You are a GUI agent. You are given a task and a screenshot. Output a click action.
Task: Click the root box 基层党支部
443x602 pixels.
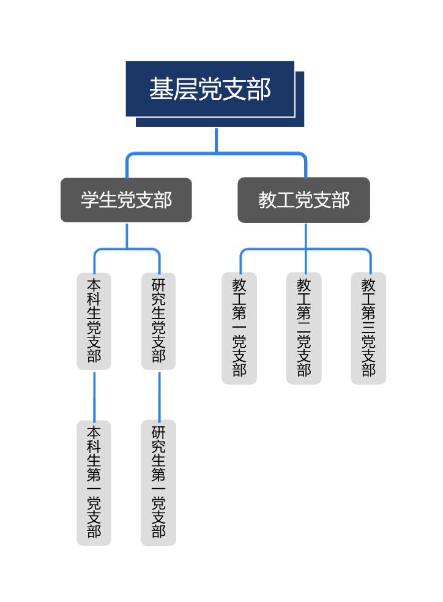tap(210, 89)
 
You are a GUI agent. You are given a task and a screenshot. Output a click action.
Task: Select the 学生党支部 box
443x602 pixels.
tap(126, 200)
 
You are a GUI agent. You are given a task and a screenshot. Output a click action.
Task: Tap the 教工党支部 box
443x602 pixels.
tap(303, 200)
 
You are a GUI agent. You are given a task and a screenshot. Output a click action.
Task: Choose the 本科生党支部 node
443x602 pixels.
tap(94, 321)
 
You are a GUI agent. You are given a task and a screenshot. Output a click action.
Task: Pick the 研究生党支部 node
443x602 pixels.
tap(158, 321)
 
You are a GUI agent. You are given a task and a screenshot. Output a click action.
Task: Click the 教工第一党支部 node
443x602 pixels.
tap(239, 328)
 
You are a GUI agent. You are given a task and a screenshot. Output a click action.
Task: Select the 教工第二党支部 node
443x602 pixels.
tap(304, 328)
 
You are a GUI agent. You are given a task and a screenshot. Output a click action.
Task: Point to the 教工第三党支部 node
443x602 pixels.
tap(368, 328)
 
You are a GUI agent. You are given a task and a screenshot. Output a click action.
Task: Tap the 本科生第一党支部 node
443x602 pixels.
tap(94, 483)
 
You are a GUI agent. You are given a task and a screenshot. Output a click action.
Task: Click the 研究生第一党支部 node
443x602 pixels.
tap(158, 483)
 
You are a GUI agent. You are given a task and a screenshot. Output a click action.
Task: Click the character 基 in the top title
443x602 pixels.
tap(161, 89)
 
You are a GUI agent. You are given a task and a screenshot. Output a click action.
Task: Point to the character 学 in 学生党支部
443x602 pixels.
tap(90, 200)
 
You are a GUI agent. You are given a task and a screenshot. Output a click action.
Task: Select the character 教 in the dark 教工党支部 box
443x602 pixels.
tap(267, 200)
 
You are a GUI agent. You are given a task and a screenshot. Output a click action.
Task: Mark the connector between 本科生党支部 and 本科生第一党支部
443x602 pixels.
tap(94, 395)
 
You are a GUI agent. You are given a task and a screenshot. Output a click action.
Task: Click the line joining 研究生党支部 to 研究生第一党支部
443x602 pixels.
tap(159, 395)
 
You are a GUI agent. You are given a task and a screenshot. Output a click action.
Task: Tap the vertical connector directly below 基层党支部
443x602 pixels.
tap(217, 140)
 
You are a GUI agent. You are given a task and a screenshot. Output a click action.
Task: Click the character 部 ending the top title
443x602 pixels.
tap(259, 89)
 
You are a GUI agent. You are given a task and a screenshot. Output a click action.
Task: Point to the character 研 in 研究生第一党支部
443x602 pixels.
tap(158, 432)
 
